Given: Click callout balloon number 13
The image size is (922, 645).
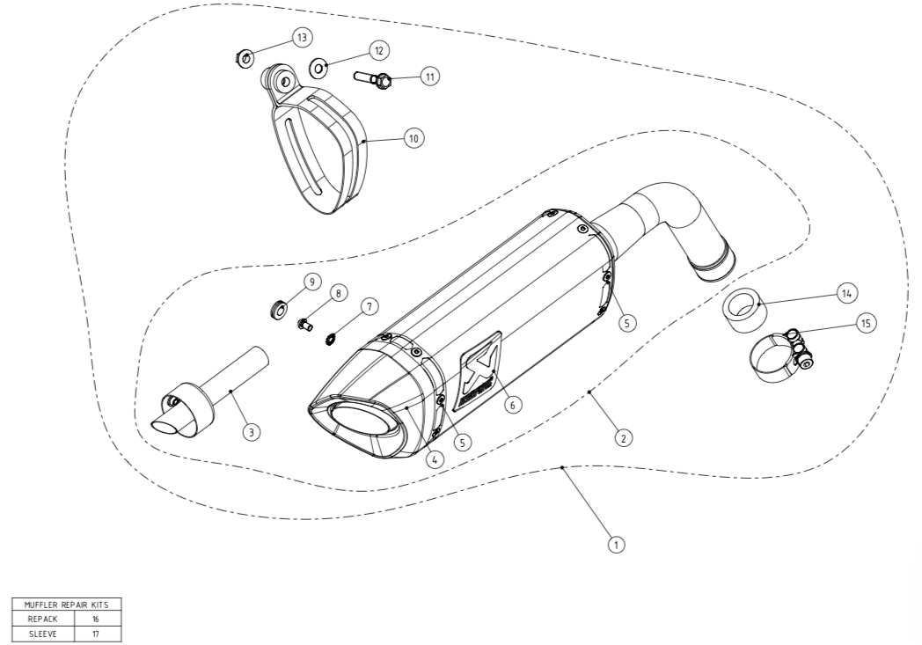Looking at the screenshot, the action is click(x=302, y=38).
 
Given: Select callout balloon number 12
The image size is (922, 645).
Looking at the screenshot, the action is click(x=379, y=50).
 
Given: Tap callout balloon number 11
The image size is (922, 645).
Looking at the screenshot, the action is click(x=430, y=77).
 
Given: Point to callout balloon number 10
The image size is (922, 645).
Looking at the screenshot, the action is click(x=414, y=138).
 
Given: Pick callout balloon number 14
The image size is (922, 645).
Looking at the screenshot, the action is click(x=846, y=293).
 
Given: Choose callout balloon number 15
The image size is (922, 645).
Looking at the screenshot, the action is click(x=867, y=323).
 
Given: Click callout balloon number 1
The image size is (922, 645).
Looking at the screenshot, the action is click(x=616, y=545).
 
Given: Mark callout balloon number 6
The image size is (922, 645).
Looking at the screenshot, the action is click(x=513, y=405).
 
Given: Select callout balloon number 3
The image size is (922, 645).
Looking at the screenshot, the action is click(x=251, y=432).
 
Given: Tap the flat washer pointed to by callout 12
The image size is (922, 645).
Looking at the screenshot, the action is click(x=318, y=69).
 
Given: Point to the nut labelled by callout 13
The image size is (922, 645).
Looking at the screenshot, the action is click(x=244, y=59).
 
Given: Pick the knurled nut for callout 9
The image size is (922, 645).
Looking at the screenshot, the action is click(x=277, y=309).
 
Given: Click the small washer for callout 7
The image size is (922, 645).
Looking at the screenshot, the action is click(x=332, y=339).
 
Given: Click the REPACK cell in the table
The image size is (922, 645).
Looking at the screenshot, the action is click(x=43, y=619).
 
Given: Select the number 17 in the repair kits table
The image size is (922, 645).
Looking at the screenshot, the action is click(x=96, y=634).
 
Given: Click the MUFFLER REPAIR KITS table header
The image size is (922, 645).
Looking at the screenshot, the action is click(x=67, y=605).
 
